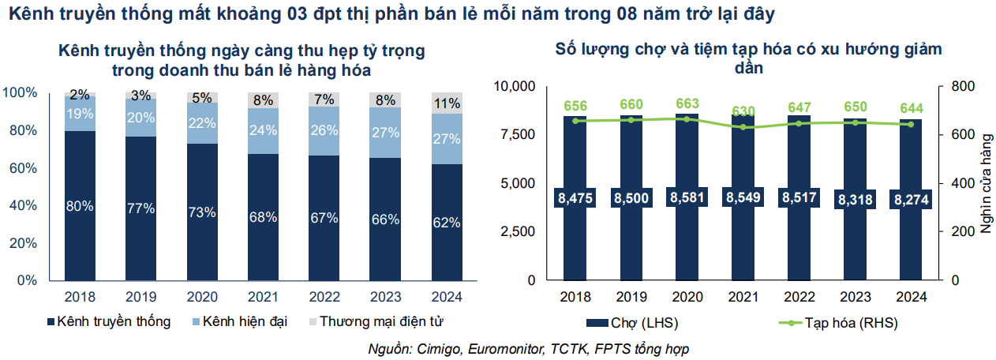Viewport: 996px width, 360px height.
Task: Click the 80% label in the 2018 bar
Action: (80, 206)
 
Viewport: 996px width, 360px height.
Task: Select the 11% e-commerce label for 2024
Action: (447, 103)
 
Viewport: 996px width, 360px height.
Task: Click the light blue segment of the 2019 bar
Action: (140, 117)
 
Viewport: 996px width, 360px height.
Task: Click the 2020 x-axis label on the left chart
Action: (202, 298)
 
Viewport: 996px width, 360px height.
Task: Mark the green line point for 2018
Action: (575, 121)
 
